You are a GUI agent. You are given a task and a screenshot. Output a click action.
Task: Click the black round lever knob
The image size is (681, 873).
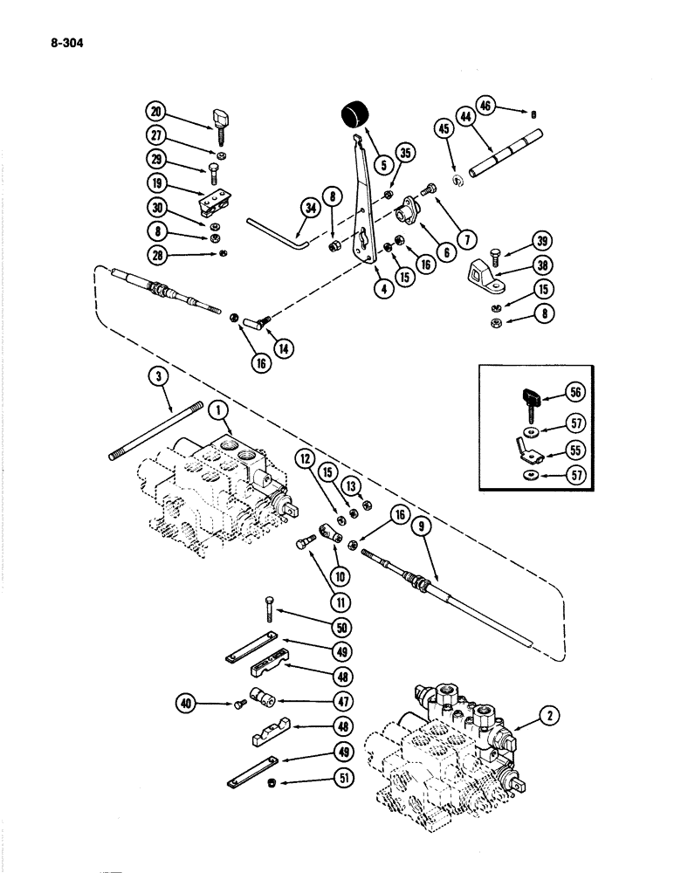tap(353, 114)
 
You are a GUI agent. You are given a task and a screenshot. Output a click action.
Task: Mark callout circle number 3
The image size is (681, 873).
tap(158, 377)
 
